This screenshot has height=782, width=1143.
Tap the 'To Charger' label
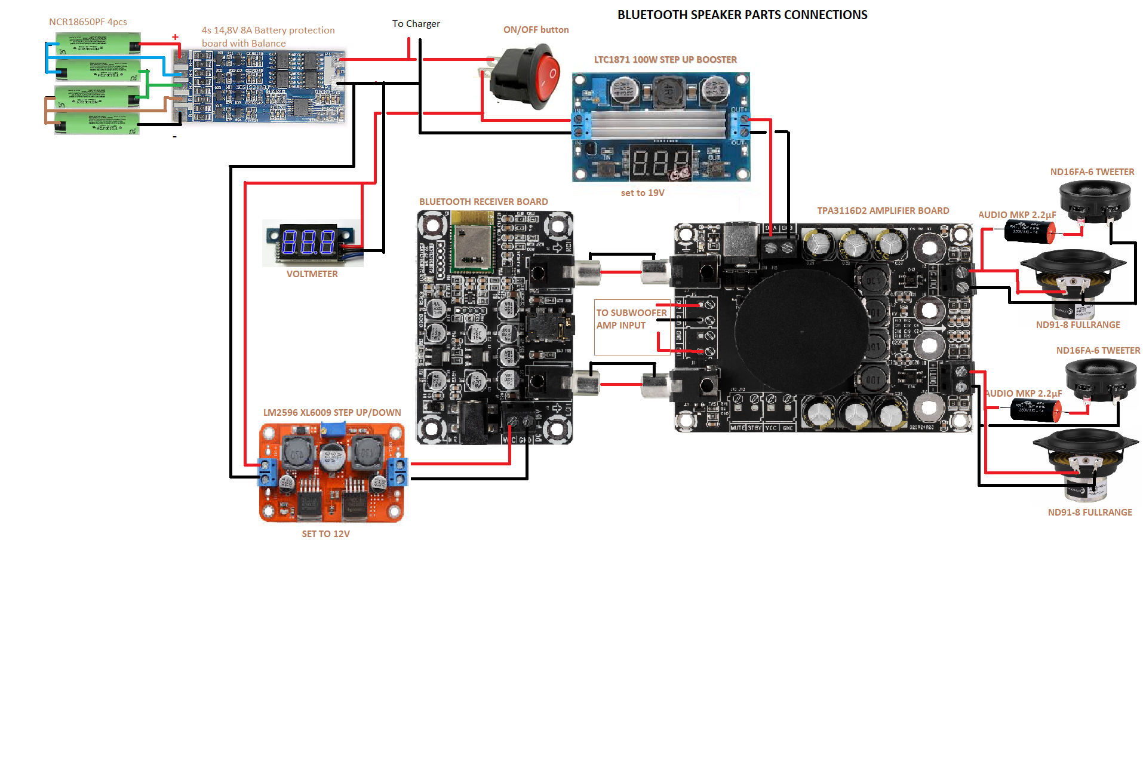tap(416, 24)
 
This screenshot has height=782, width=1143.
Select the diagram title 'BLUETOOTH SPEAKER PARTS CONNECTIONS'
tap(742, 15)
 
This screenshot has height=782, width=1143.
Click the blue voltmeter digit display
tap(308, 242)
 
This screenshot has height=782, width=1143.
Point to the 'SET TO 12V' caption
tap(325, 533)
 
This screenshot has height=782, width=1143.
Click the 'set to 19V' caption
tap(643, 193)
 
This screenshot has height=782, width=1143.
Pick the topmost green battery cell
tap(98, 44)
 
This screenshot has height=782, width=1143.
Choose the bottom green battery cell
tap(97, 124)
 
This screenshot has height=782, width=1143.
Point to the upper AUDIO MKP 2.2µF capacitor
tap(1029, 231)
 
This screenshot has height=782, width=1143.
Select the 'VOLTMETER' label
tap(312, 274)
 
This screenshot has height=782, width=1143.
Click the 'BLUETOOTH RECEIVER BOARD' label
tap(483, 202)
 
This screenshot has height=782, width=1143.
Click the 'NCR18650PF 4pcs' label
tap(88, 22)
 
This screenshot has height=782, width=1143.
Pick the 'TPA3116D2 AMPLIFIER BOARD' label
tap(883, 211)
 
